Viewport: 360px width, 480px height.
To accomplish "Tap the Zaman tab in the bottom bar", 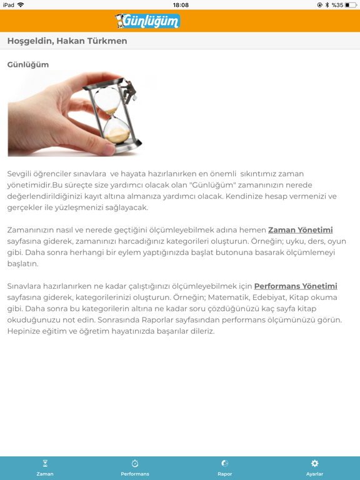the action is (x=45, y=467).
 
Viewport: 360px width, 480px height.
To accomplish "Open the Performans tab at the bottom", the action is (x=135, y=467).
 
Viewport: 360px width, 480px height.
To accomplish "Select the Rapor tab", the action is (x=225, y=467).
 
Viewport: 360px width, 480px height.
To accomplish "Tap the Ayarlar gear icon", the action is (x=314, y=464).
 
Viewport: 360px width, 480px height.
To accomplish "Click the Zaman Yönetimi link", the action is (x=300, y=230).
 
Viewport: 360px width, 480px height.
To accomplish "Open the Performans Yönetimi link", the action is (x=295, y=286).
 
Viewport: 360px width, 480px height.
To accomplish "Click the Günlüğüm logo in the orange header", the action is (x=148, y=21).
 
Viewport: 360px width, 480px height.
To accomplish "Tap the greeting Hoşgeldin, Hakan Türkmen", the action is (x=67, y=41).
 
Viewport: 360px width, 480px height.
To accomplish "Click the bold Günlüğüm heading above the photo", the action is (x=28, y=64).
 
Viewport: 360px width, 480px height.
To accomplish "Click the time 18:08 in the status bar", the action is (x=180, y=5).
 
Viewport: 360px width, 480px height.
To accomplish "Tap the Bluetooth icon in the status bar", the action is (x=327, y=5).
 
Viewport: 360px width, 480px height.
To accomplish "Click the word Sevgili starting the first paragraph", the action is (x=22, y=174).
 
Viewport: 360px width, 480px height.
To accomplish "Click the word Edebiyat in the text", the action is (x=269, y=297).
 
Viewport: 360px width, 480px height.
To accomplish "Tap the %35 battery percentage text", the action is (x=337, y=5).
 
